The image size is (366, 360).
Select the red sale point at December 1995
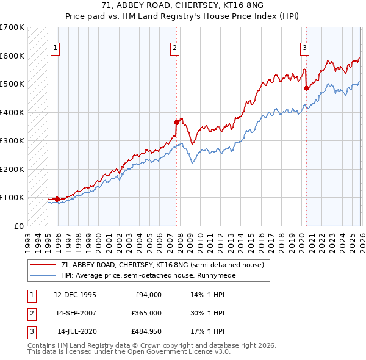click(x=57, y=199)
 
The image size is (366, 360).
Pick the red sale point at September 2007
click(x=176, y=122)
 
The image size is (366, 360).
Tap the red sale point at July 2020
click(x=306, y=88)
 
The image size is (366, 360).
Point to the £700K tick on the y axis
click(x=12, y=27)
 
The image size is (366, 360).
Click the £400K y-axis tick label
click(x=12, y=112)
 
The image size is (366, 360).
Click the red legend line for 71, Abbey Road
click(x=43, y=265)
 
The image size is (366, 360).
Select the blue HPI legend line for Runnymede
click(x=43, y=275)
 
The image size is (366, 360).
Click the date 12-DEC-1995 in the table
click(x=75, y=295)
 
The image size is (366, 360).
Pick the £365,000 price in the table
click(x=146, y=313)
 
